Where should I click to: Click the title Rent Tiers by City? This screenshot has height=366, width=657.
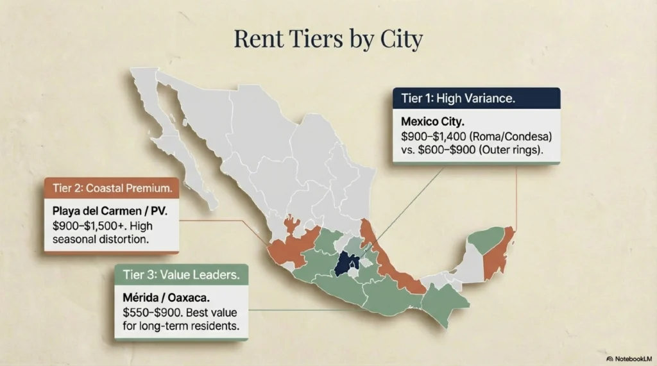click(328, 39)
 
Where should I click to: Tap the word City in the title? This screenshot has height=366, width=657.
click(399, 39)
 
